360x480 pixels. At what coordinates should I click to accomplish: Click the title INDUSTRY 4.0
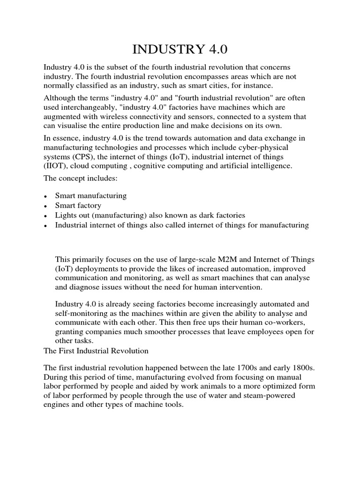pos(180,49)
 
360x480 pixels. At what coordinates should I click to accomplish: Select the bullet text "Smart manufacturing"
pos(91,195)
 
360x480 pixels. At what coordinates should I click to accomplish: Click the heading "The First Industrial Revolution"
pos(96,350)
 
